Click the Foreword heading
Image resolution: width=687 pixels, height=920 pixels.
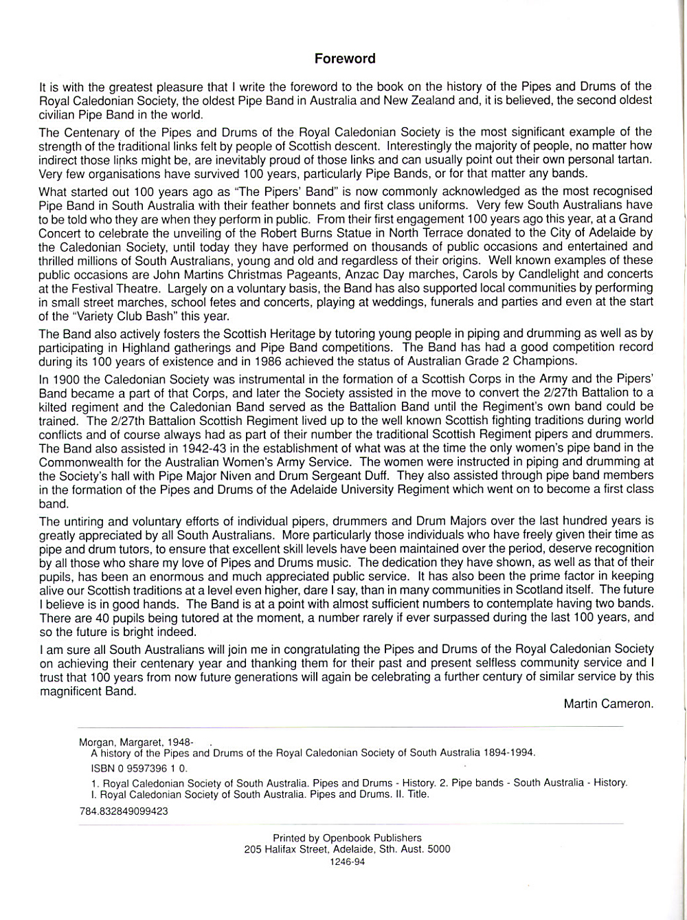345,58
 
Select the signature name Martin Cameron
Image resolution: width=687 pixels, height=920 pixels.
607,703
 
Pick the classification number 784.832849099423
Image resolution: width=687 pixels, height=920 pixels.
124,811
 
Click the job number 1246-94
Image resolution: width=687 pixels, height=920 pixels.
347,861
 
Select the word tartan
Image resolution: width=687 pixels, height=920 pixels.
635,160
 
